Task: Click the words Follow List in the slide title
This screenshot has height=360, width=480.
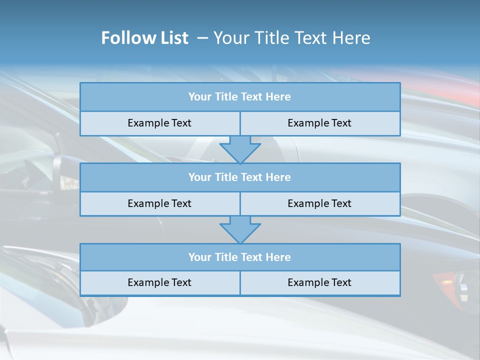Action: [x=144, y=38]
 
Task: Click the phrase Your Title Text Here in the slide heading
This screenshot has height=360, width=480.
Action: [x=291, y=38]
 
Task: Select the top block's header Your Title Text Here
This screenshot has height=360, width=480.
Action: [x=239, y=97]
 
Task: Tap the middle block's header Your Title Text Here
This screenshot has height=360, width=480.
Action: [x=239, y=177]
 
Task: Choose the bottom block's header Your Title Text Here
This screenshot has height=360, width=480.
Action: [x=239, y=257]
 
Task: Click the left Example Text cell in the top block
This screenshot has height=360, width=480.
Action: [x=159, y=123]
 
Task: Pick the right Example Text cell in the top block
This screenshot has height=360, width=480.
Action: [x=319, y=123]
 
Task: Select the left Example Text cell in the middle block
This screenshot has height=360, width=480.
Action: [x=159, y=203]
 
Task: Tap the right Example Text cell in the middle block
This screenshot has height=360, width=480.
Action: [x=319, y=203]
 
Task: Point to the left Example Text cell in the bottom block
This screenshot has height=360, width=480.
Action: [x=159, y=282]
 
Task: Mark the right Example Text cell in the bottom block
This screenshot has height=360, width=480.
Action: [x=319, y=282]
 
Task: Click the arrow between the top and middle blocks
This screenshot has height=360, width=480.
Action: [x=240, y=149]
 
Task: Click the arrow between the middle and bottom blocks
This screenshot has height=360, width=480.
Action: [x=240, y=230]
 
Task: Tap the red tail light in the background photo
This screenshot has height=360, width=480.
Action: [x=443, y=278]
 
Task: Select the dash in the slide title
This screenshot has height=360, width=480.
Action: [x=202, y=38]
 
